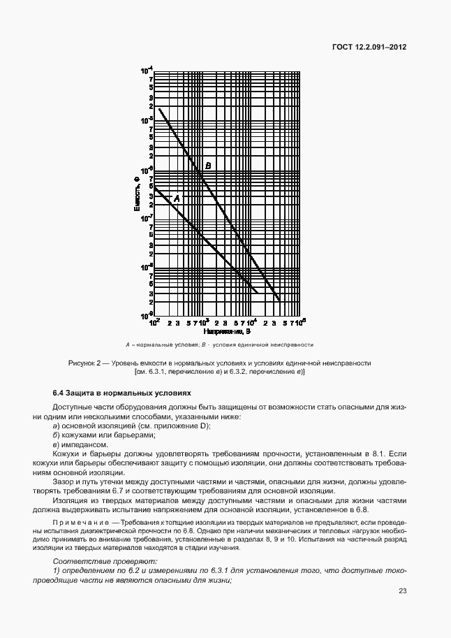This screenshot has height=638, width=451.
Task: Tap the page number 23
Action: point(403,591)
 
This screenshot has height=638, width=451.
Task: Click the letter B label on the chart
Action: point(208,166)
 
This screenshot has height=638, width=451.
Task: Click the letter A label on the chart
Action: point(177,198)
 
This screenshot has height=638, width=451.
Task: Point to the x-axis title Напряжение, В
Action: point(225,332)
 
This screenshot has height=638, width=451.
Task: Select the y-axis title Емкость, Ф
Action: point(138,195)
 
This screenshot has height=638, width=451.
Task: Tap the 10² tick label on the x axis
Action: point(155,324)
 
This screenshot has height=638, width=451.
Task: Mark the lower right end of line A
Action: point(257,292)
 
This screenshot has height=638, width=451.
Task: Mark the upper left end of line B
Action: point(159,108)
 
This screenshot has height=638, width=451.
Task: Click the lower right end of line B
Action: point(280,300)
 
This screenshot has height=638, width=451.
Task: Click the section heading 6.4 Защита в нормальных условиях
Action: point(117,393)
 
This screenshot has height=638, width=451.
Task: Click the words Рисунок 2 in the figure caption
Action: point(86,363)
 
